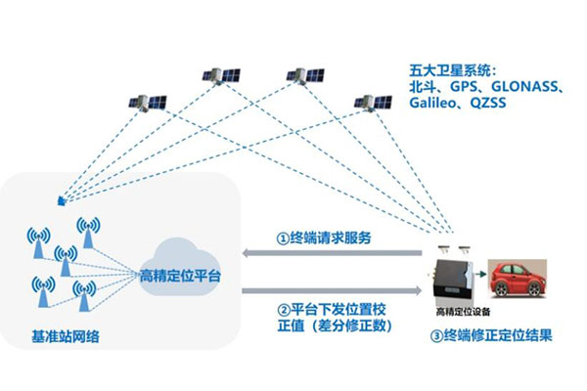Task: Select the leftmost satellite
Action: point(150,102)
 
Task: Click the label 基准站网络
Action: point(64,339)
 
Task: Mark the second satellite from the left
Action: point(216,74)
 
